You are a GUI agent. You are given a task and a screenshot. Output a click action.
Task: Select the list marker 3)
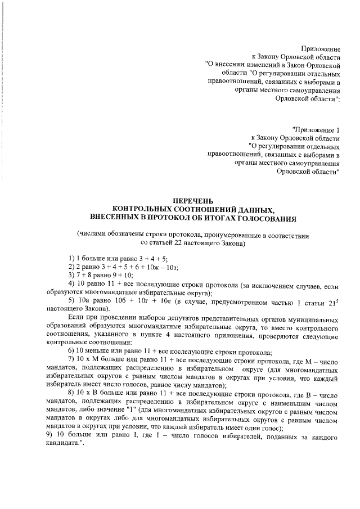point(71,275)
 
